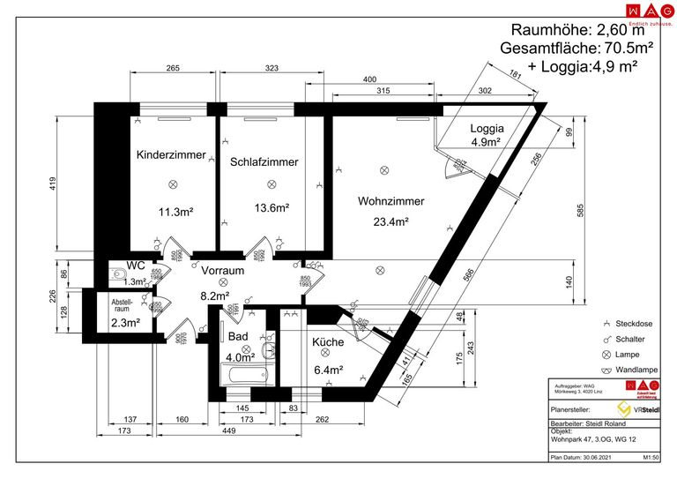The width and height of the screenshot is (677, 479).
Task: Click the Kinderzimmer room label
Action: coord(171,155)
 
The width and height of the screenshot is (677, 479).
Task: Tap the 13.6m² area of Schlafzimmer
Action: coord(272,209)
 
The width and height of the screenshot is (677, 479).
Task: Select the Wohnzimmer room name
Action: coord(391,201)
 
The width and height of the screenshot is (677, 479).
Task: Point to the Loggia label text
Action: coord(486,127)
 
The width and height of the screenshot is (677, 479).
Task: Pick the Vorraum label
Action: coord(221,270)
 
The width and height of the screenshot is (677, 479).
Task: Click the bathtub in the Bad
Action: coord(243,375)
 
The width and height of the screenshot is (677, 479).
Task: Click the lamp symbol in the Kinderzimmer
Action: coord(174,183)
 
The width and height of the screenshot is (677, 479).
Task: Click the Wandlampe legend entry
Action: coord(630,370)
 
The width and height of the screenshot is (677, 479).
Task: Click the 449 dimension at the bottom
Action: coord(227,431)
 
